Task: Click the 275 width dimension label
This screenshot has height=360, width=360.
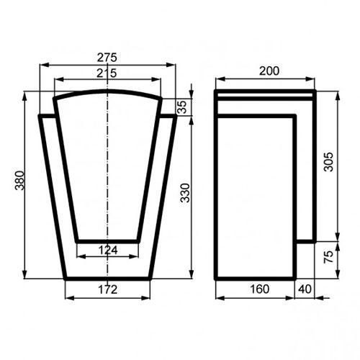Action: click(107, 58)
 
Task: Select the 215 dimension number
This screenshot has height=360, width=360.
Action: click(107, 73)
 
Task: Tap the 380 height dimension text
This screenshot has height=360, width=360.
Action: click(19, 181)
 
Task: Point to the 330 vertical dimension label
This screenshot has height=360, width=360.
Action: click(185, 193)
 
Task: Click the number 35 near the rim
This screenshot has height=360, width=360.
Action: click(182, 107)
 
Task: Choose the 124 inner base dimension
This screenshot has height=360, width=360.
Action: click(108, 250)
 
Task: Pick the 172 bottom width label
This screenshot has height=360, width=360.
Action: click(108, 289)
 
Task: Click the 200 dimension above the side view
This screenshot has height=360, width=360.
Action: click(269, 71)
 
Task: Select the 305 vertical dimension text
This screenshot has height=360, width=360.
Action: click(328, 161)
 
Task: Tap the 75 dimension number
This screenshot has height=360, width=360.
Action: click(328, 257)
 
